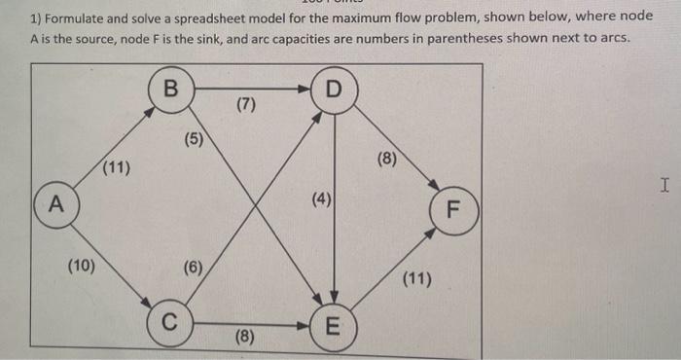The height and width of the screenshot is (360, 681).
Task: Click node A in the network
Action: (54, 205)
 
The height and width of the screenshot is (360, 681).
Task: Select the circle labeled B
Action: (172, 90)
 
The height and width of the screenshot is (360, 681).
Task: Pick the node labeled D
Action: (335, 90)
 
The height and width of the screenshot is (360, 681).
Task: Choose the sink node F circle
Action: (455, 209)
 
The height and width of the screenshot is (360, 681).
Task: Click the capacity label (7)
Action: (246, 105)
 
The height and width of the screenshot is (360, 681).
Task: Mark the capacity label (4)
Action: (322, 201)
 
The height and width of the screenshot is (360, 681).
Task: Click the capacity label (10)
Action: (82, 265)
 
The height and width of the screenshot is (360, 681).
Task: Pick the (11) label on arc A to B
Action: (116, 167)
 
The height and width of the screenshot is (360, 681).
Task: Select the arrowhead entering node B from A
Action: (149, 111)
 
